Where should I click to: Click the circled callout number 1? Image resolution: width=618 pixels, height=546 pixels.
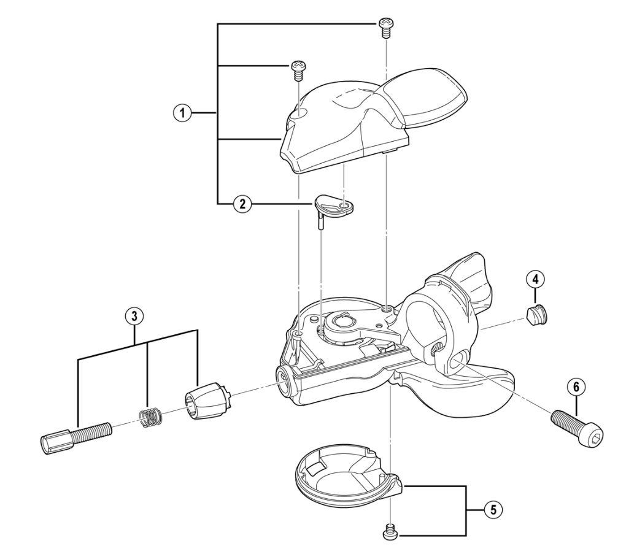point(182,113)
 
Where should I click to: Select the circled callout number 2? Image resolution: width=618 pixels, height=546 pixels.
point(242,204)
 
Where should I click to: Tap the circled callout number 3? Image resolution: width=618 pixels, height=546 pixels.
point(134,315)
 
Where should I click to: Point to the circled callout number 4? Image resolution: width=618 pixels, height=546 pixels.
point(535,279)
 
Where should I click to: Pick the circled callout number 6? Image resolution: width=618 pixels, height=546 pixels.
point(577,387)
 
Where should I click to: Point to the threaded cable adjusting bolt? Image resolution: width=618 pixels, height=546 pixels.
point(76,438)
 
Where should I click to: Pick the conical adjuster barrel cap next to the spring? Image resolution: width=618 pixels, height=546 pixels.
point(207,400)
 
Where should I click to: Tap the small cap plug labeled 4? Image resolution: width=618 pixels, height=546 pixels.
point(536,315)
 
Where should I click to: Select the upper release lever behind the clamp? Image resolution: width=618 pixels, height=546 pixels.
point(469,280)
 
